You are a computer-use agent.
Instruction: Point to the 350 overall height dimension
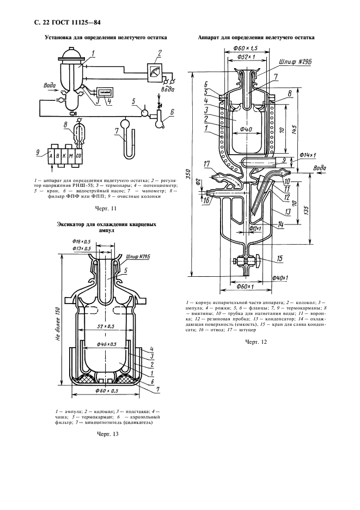coord(187,174)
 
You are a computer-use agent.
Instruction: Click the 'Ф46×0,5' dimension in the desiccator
coord(107,344)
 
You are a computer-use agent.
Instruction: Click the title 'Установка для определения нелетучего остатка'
coord(106,38)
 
